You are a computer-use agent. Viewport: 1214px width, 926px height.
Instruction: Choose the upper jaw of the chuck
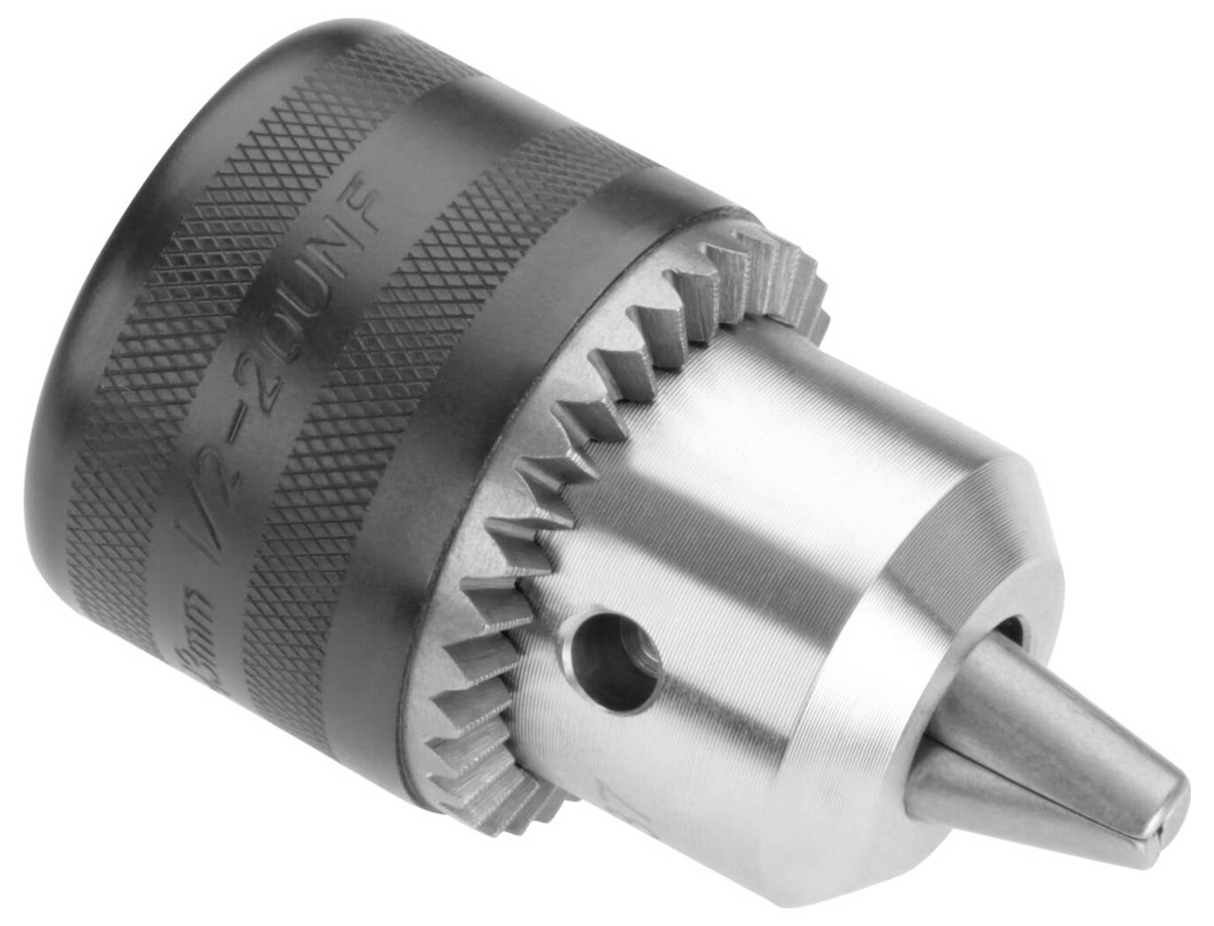point(1064,709)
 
